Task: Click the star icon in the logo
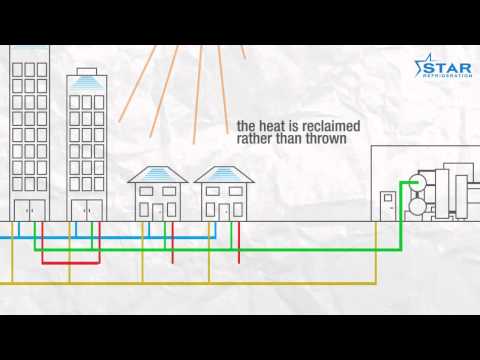click(419, 68)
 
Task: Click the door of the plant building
click(388, 205)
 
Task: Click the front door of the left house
click(157, 211)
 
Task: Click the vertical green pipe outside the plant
click(399, 215)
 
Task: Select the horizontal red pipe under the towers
click(70, 263)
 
